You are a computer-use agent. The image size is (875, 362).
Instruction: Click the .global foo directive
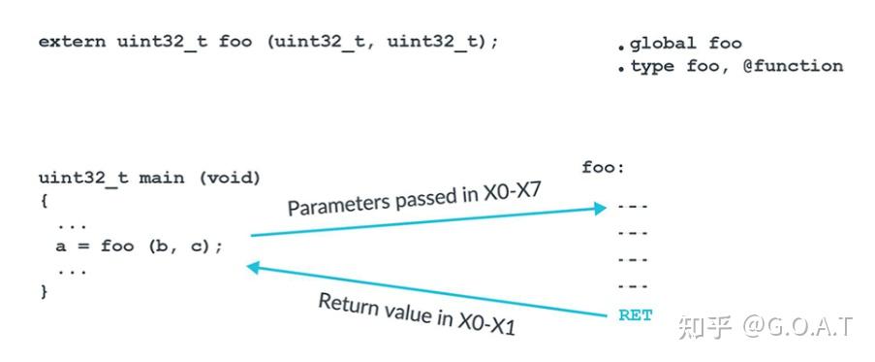680,44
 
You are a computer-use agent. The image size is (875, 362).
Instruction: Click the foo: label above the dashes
603,167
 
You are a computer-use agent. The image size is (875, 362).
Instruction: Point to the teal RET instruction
635,315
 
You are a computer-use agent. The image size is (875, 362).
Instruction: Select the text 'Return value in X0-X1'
417,313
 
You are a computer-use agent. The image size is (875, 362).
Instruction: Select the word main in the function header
160,179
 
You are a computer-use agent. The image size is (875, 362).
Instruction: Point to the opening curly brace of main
44,201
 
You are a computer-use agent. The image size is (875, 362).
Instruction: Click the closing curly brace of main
44,290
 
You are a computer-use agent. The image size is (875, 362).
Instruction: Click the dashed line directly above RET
632,287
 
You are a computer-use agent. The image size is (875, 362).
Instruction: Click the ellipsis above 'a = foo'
73,224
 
